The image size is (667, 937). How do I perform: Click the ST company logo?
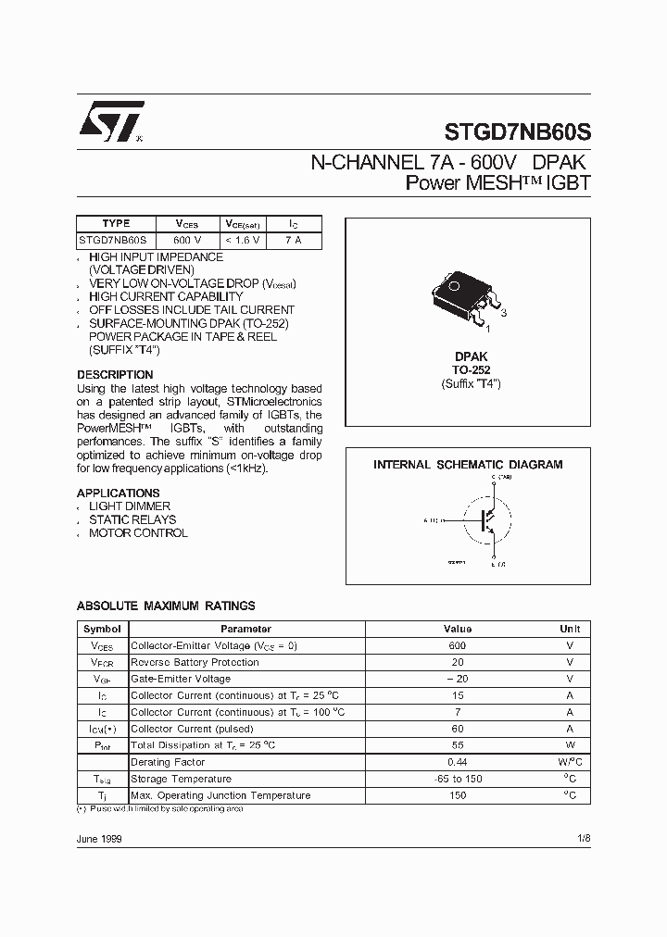click(x=109, y=122)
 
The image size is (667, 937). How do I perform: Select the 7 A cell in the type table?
click(x=293, y=240)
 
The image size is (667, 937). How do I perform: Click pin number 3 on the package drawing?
click(x=504, y=313)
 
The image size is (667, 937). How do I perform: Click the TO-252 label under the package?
click(x=471, y=369)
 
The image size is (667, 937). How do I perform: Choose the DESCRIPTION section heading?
click(x=115, y=375)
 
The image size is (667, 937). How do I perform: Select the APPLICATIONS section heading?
click(x=118, y=493)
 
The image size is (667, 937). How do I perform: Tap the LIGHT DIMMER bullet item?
click(x=130, y=506)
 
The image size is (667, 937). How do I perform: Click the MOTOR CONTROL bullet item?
click(x=138, y=533)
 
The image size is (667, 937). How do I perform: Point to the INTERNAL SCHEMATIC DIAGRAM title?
click(x=468, y=465)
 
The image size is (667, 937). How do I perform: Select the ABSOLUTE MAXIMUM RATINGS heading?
click(x=166, y=606)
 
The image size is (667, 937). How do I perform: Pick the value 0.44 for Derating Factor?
click(x=457, y=762)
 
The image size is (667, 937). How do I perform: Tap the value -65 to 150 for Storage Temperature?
click(x=457, y=779)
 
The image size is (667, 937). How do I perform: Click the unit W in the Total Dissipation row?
click(x=570, y=745)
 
